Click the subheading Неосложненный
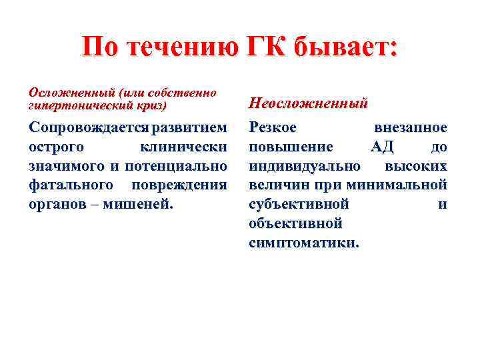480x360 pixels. pos(308,103)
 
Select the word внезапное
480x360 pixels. pos(411,127)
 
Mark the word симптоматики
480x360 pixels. pos(303,243)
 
